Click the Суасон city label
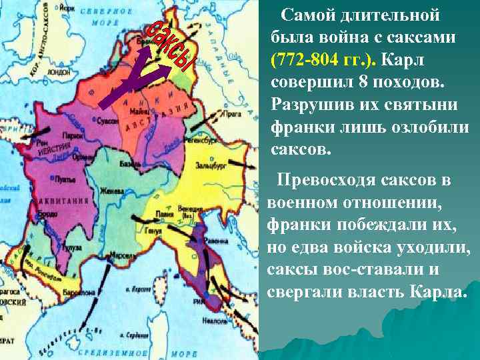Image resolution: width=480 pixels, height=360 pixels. [x=107, y=121]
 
